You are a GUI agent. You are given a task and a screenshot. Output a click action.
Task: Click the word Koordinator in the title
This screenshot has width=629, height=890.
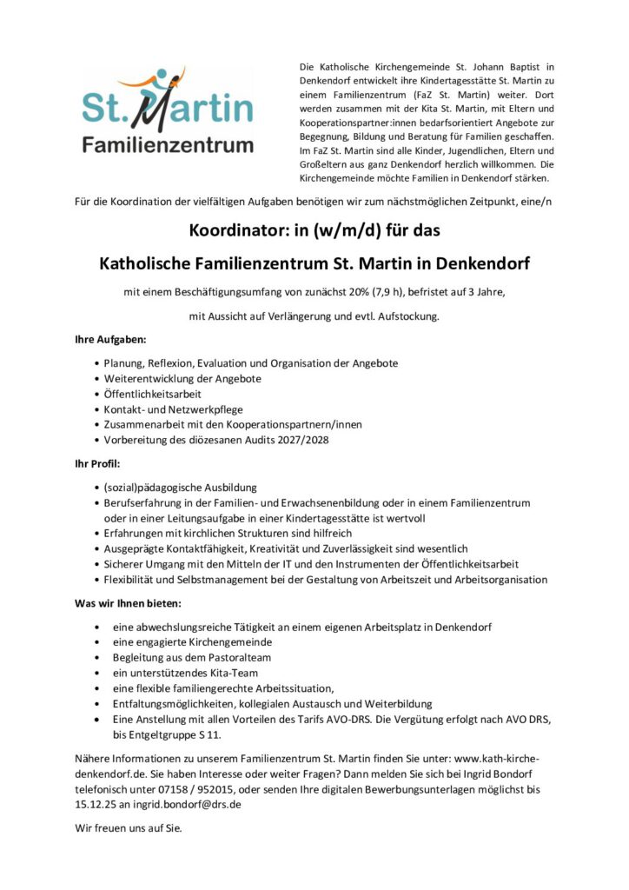tap(236, 233)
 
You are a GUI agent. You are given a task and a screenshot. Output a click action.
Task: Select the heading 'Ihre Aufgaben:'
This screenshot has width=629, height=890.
tap(110, 339)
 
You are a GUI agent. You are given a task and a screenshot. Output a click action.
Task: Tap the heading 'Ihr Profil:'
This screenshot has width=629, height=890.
tap(96, 463)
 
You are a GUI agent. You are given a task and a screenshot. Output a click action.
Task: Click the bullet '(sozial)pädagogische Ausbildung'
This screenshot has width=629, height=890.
tap(180, 487)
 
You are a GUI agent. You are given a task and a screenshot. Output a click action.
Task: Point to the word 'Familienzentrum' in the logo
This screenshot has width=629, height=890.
tap(168, 144)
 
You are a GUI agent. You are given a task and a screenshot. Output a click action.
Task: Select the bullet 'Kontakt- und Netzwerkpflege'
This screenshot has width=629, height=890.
tap(173, 408)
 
